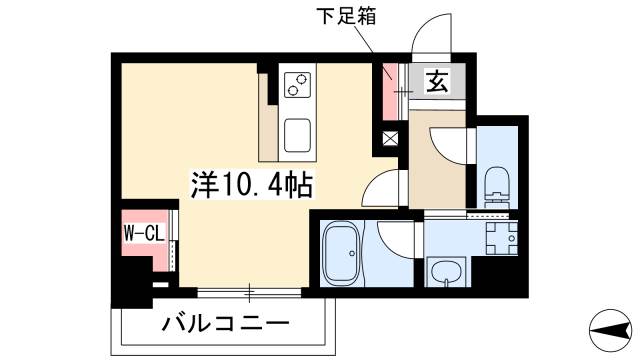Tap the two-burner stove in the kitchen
(x=298, y=86)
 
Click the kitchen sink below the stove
(x=298, y=133)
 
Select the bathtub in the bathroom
(x=345, y=254)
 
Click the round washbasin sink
(x=444, y=270)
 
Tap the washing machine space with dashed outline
(x=499, y=239)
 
